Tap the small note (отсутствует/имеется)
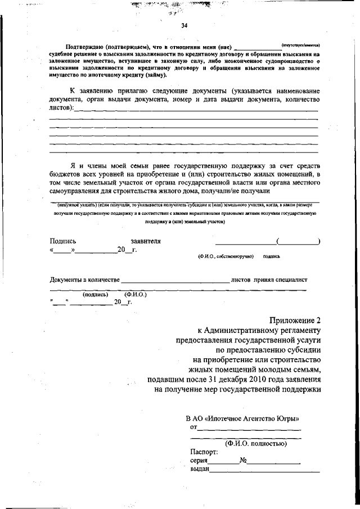point(304,44)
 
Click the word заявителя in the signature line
point(146,241)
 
